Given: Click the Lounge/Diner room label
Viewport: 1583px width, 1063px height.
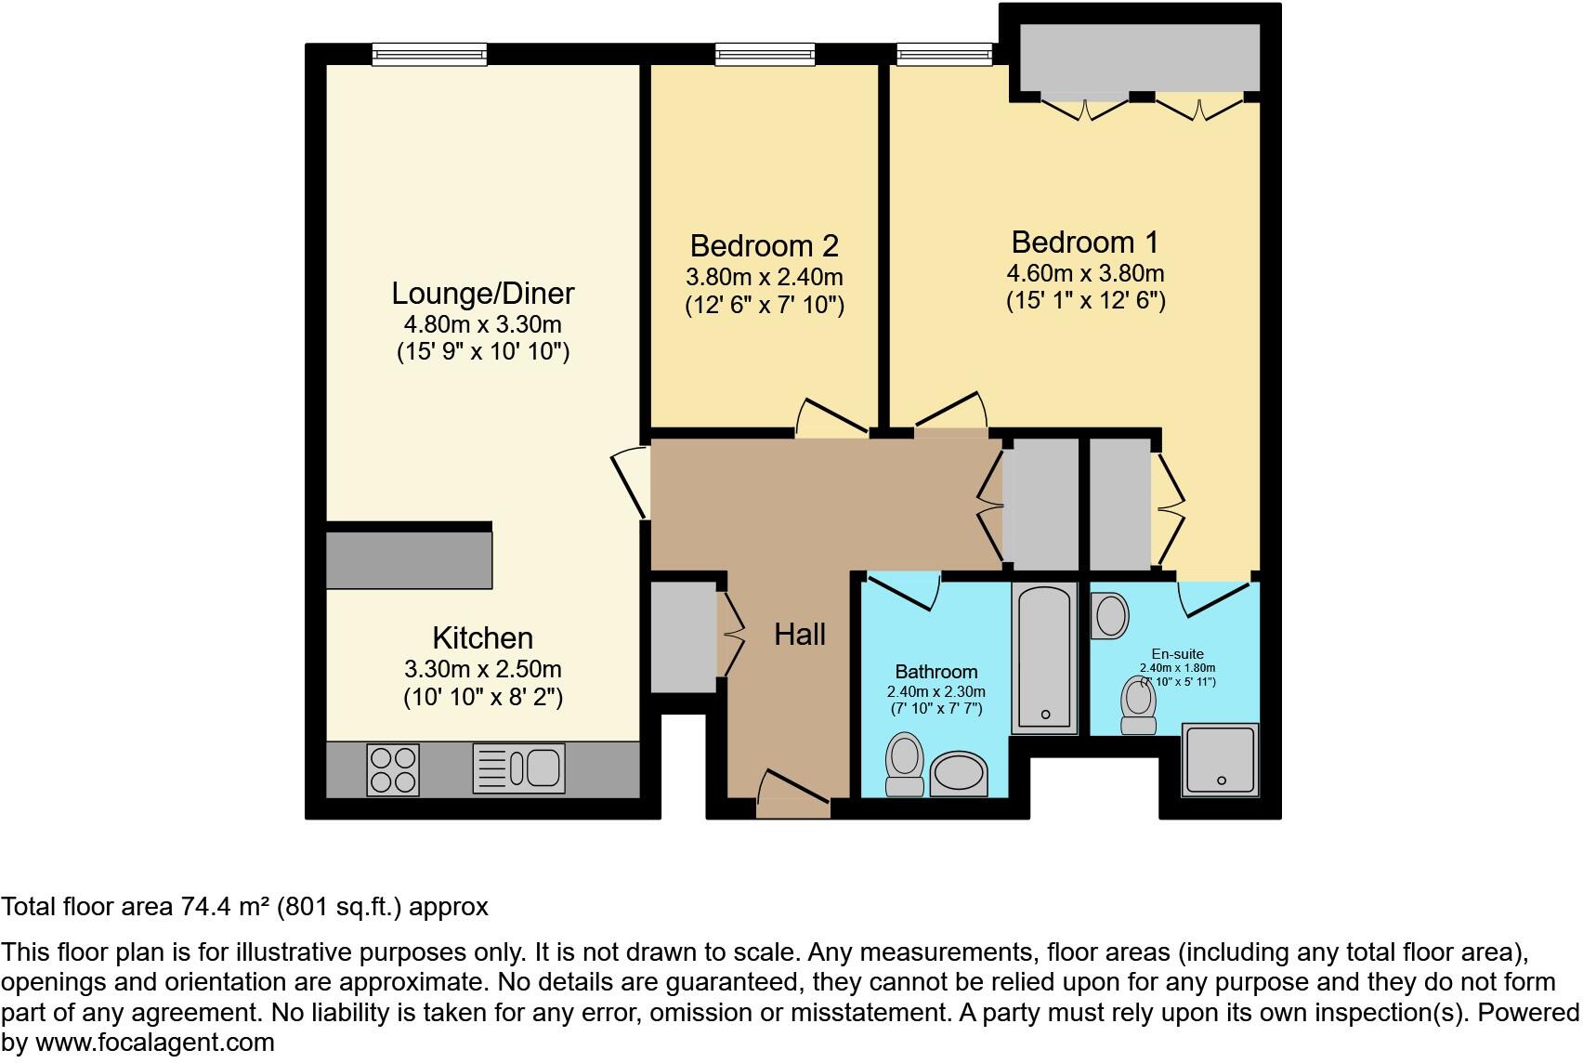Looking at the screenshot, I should coord(482,294).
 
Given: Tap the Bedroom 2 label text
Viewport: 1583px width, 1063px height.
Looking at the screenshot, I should coord(764,246).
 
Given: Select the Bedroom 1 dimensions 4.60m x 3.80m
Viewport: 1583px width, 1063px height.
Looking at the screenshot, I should coord(1085,274).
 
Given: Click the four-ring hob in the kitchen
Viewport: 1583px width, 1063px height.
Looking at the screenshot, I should coord(392,769).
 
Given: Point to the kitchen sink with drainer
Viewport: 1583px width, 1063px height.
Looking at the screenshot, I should coord(518,768).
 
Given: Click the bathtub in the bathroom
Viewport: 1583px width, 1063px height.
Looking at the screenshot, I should coord(1044,656).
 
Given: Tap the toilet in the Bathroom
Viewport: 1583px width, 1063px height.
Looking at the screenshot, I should coord(904,764).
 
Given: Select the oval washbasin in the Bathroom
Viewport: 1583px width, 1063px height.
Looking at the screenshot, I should coord(960,773).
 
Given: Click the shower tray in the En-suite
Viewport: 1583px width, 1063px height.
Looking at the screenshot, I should coord(1220,759).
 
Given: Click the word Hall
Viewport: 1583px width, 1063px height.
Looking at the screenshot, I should coord(799,636).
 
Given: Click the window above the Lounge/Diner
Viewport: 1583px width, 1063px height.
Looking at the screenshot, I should coord(429,55).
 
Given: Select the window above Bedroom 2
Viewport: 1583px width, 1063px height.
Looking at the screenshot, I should coord(765,55).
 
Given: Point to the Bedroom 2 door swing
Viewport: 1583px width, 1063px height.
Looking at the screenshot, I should coord(831,418).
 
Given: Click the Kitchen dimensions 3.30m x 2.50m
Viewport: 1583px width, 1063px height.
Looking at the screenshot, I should coord(482,670).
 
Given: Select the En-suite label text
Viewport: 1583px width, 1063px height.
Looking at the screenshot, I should coord(1177,654).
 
